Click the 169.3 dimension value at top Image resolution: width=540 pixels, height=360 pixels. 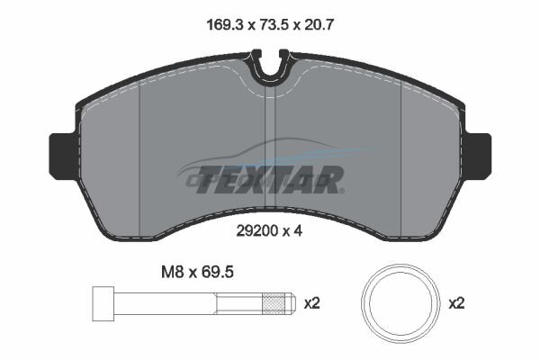[x=225, y=25]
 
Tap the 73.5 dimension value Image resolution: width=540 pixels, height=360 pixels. [x=274, y=25]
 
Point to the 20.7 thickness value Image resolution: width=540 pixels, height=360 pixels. [x=319, y=25]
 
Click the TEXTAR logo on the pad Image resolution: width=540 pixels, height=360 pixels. [x=270, y=179]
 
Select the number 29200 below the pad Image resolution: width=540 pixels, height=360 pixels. [x=256, y=231]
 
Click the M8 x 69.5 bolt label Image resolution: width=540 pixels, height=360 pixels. [x=198, y=272]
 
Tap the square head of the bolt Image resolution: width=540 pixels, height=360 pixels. [x=103, y=303]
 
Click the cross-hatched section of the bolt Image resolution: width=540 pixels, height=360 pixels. [x=274, y=303]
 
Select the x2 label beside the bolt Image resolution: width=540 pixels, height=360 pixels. [x=312, y=303]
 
